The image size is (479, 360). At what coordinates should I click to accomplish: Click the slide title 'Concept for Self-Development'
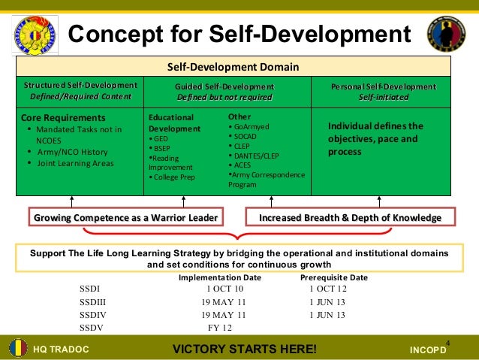(239, 34)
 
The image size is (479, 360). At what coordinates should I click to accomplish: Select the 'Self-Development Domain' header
(233, 67)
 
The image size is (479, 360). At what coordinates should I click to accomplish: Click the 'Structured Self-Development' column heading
(80, 86)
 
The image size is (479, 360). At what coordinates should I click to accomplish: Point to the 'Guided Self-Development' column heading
(224, 86)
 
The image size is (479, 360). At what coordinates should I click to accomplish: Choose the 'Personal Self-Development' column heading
(383, 86)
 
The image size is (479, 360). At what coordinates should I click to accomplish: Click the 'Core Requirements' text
(63, 118)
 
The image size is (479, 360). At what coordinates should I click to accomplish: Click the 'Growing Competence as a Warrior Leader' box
(126, 218)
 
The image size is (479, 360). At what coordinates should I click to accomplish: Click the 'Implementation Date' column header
(219, 277)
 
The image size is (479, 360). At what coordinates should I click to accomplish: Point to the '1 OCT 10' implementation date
(224, 289)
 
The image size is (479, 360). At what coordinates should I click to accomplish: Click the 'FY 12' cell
(219, 328)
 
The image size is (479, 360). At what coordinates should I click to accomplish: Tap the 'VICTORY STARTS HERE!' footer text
(245, 349)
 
